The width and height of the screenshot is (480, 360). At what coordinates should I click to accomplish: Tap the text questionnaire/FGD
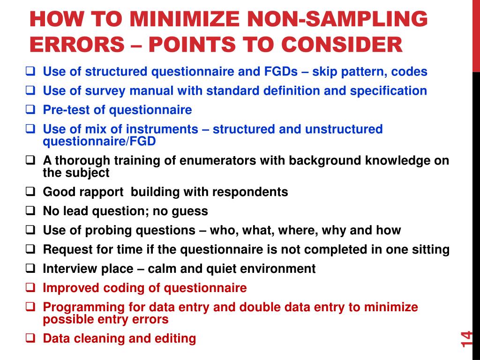click(x=99, y=141)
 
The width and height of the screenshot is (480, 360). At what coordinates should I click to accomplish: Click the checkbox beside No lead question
click(x=31, y=210)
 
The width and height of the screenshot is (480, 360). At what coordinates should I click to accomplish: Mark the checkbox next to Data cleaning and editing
click(x=31, y=338)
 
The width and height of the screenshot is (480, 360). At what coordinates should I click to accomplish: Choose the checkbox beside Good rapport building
click(x=31, y=191)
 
